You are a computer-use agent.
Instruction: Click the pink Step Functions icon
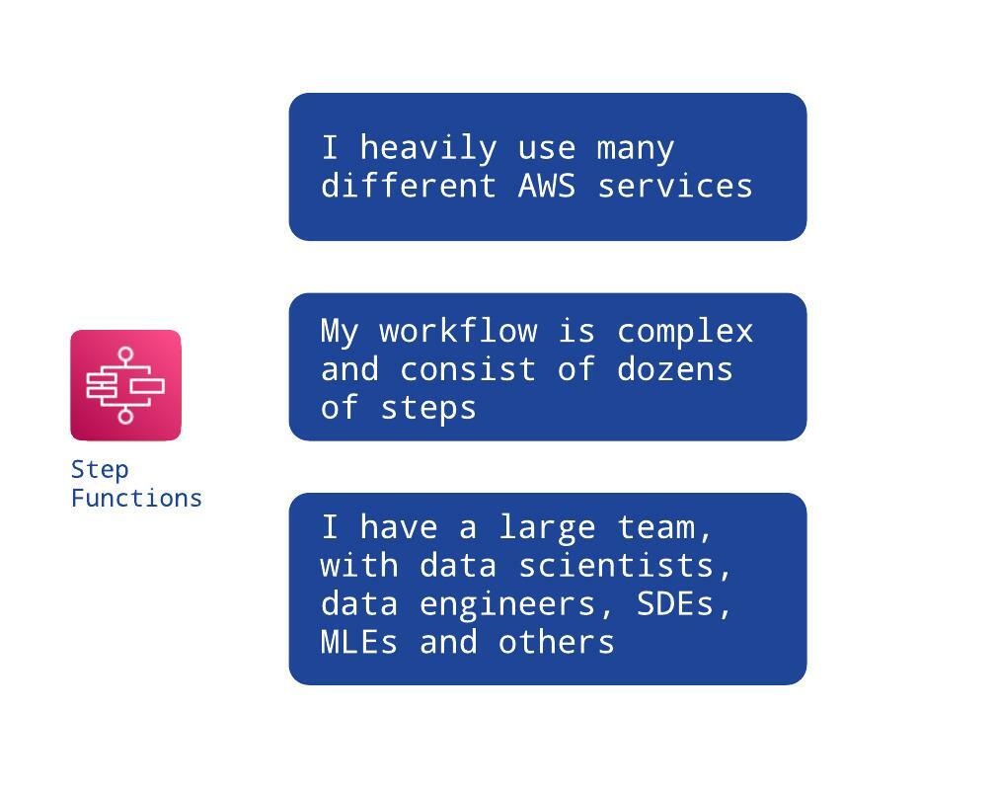point(125,385)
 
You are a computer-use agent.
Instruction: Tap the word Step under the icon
point(100,471)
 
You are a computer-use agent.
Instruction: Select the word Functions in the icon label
point(136,498)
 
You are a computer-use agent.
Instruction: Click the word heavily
point(428,149)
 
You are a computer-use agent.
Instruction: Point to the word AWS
point(547,186)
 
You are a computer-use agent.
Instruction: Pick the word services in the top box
point(675,186)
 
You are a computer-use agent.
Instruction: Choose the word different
point(409,186)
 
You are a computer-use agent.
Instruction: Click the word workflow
point(458,331)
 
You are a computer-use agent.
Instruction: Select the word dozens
point(674,369)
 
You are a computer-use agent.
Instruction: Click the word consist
point(468,369)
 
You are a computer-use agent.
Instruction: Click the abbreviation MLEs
point(359,642)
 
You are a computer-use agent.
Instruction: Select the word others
point(557,642)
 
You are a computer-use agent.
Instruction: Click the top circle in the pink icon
point(125,355)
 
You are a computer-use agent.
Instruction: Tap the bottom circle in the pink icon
point(125,416)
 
